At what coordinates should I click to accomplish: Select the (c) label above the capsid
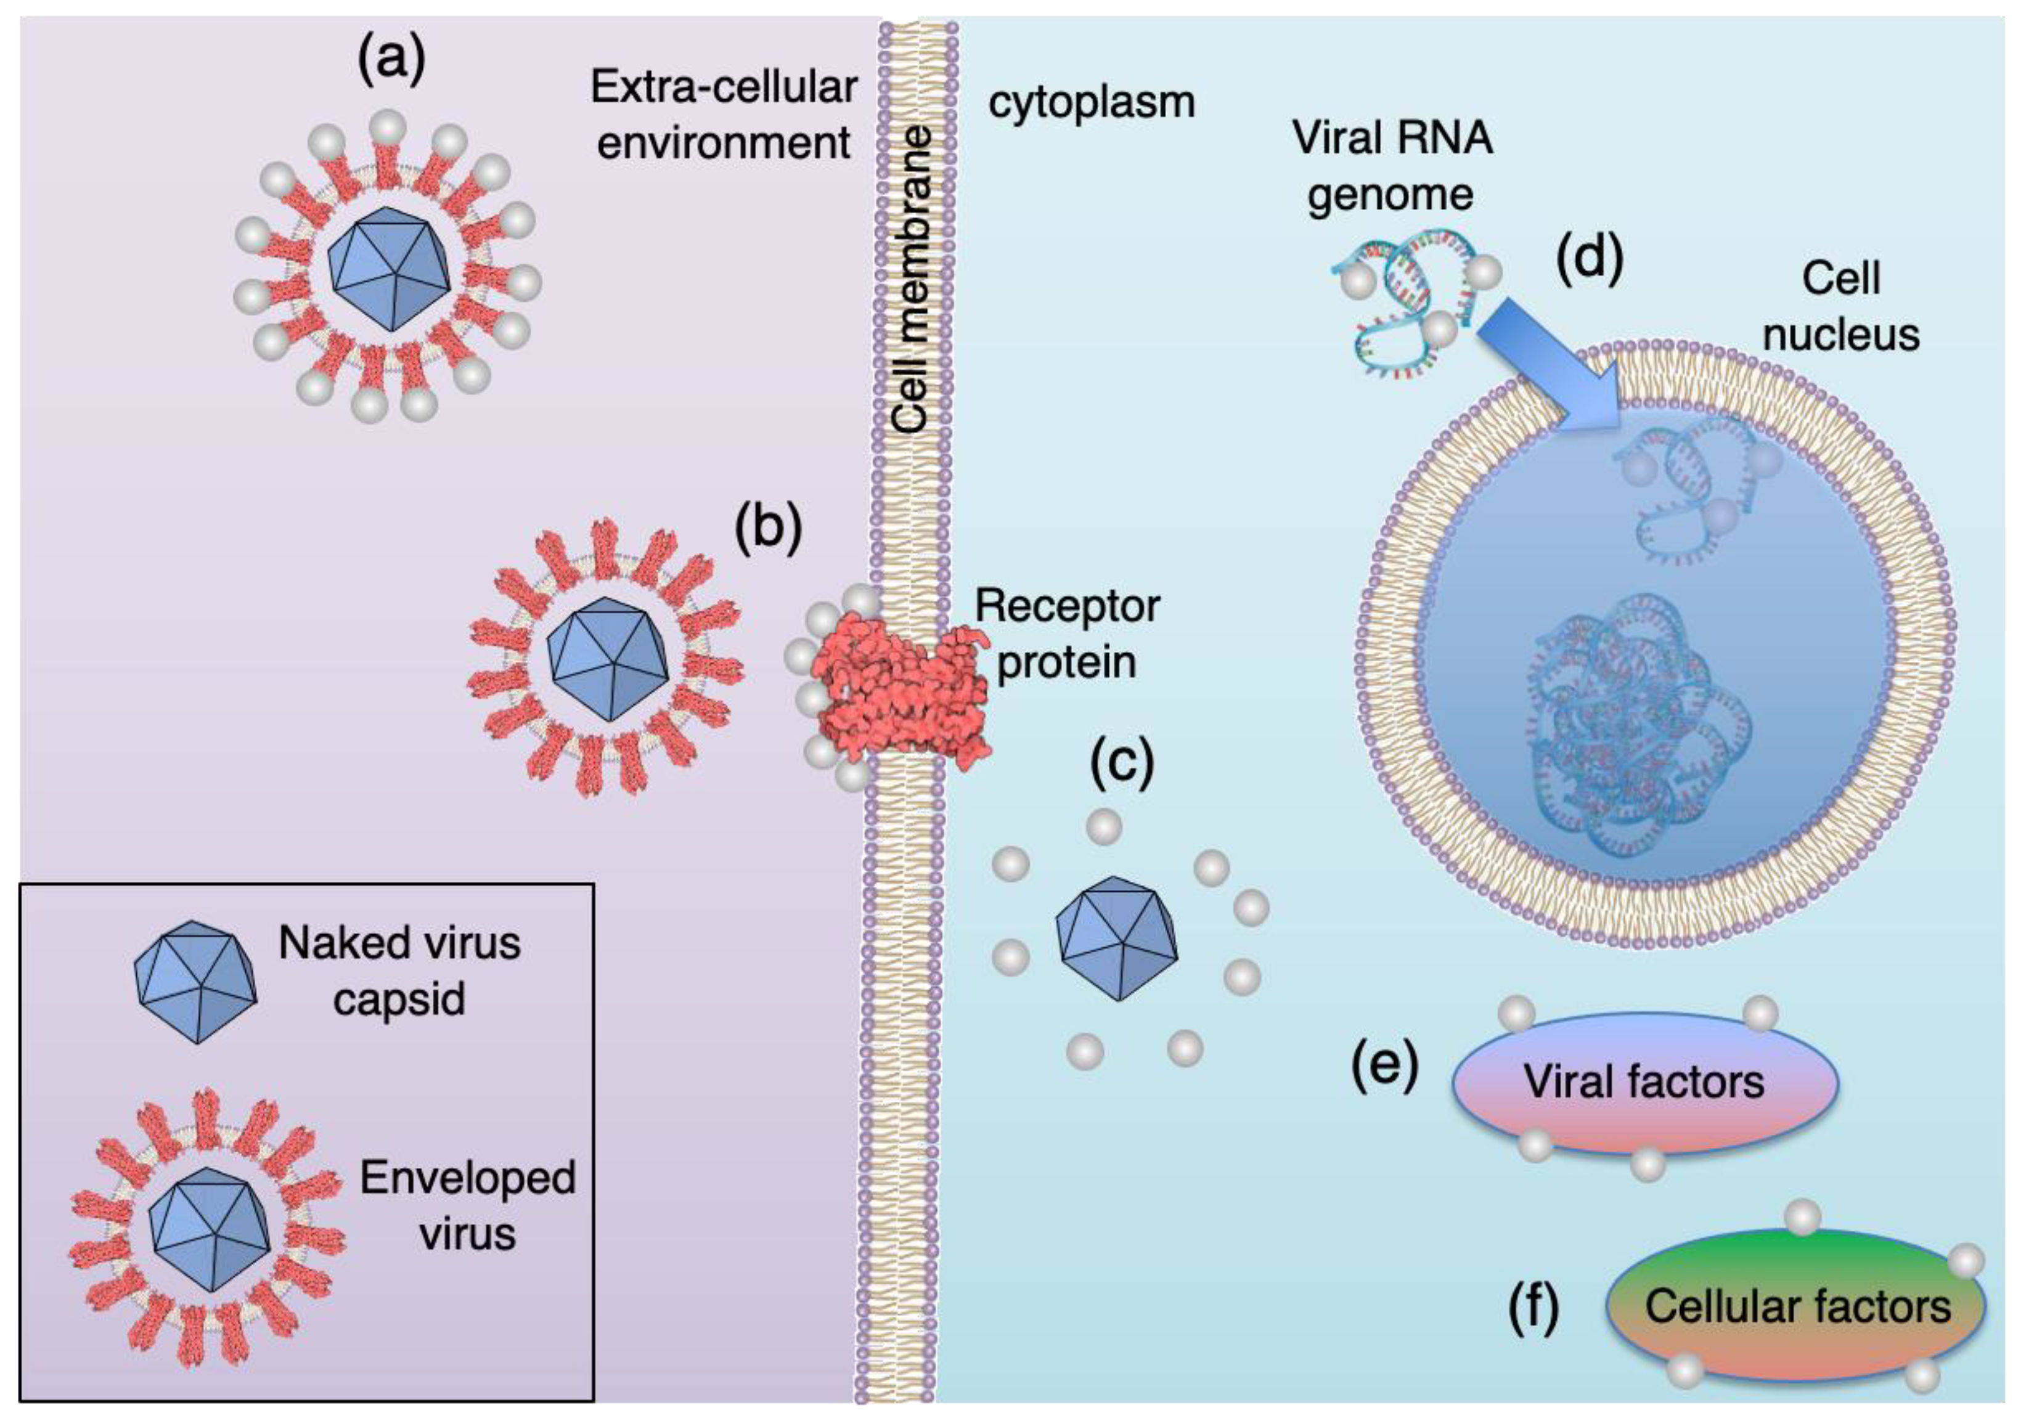click(x=1121, y=763)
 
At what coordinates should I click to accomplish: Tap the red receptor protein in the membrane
click(x=898, y=695)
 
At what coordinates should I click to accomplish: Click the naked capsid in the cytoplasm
click(x=1116, y=939)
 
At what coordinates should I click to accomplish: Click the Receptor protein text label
click(x=1067, y=633)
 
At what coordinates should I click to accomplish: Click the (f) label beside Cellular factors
click(x=1533, y=1308)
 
